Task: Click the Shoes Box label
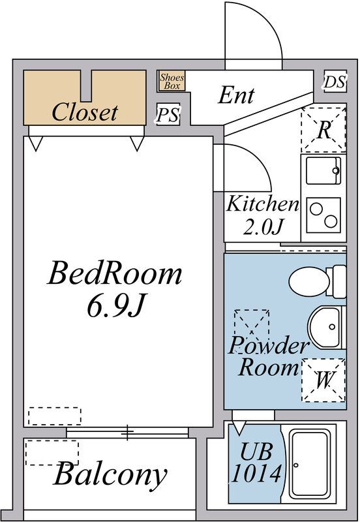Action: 172,81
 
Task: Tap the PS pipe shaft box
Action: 168,115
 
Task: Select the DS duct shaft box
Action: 335,81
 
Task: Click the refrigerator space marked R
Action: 323,129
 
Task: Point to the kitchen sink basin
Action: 323,170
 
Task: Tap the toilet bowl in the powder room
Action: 317,282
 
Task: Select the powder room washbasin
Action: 327,328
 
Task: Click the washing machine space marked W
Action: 323,380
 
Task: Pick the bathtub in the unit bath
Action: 308,464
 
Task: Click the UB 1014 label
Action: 256,463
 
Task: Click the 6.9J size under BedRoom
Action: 115,305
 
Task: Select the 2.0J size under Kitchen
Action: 263,226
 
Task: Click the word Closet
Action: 85,112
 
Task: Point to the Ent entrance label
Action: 236,95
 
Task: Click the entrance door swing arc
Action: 268,23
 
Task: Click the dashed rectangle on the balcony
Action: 52,452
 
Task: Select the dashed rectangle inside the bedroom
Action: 55,416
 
